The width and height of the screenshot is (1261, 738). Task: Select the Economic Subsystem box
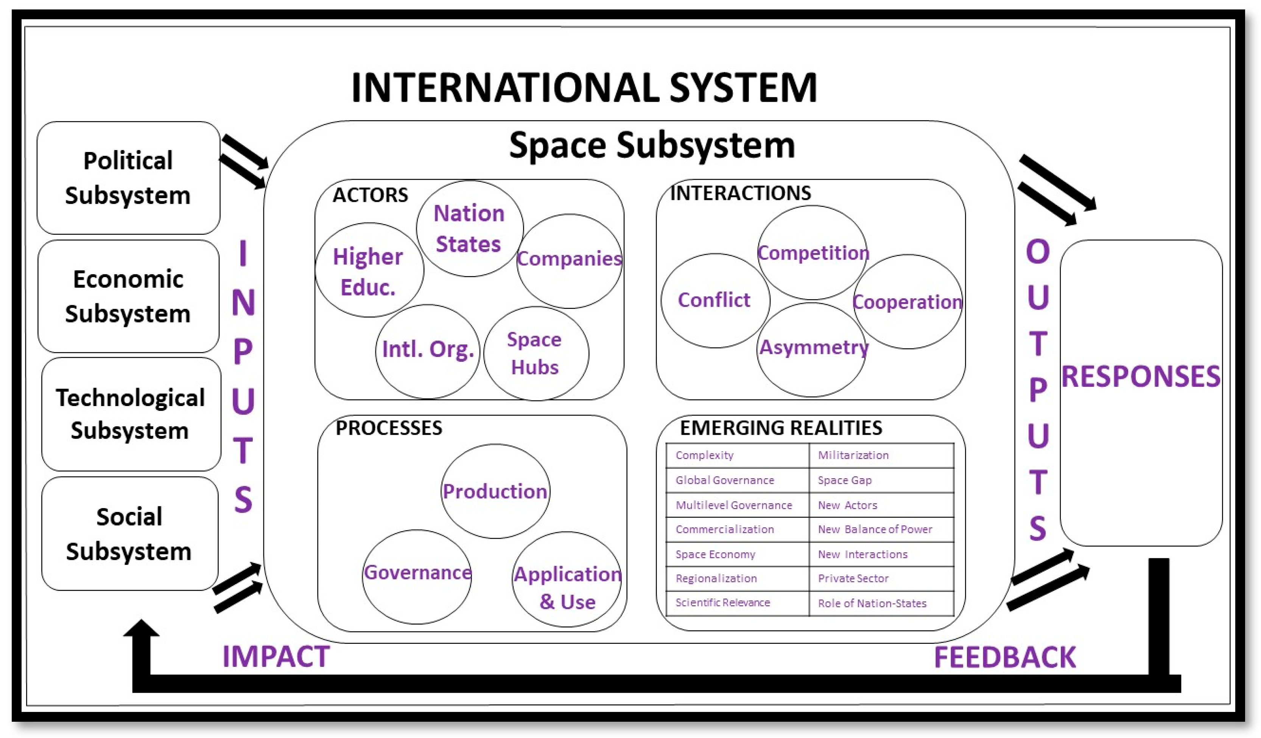pos(128,296)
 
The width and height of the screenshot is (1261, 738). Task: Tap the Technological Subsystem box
pos(131,414)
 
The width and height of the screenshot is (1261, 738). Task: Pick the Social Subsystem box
pos(129,533)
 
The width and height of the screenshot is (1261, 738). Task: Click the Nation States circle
pos(469,228)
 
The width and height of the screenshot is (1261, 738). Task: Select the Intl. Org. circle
pos(427,350)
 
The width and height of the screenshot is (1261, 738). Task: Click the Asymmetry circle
pos(812,349)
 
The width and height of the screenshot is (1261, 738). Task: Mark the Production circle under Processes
pos(495,491)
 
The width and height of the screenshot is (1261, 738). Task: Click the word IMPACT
pos(276,656)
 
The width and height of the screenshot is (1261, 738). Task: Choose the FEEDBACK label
pos(1004,657)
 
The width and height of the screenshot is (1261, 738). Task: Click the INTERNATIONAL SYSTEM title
pos(584,87)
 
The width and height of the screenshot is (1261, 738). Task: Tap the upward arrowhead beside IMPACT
pos(141,629)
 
